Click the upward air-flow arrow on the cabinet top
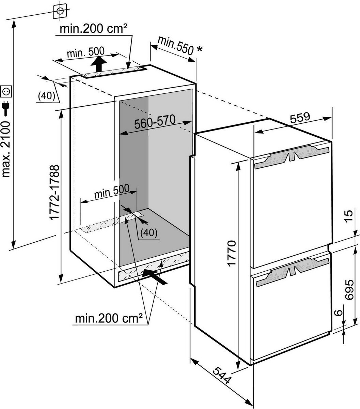pyautogui.click(x=98, y=64)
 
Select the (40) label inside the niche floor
pyautogui.click(x=149, y=233)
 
